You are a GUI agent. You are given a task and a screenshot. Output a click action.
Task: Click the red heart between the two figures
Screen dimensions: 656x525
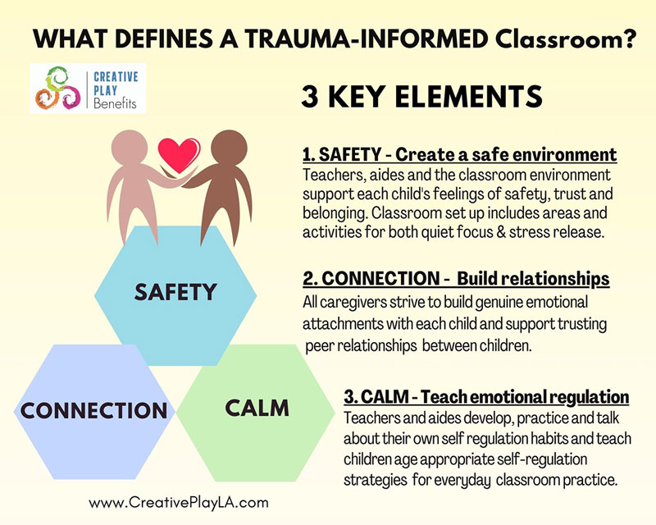[179, 154]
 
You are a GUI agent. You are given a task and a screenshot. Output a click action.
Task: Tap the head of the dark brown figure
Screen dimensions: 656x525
[229, 148]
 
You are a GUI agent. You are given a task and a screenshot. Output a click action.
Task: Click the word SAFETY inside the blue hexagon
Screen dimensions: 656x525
[175, 292]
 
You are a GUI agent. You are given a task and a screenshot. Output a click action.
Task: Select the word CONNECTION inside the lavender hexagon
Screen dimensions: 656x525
[93, 410]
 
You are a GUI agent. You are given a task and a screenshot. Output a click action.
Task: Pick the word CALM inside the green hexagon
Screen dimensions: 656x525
[257, 409]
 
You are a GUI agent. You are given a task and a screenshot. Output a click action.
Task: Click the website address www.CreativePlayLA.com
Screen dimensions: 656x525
[179, 502]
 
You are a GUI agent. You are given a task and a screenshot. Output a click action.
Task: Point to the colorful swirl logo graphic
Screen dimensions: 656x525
[57, 88]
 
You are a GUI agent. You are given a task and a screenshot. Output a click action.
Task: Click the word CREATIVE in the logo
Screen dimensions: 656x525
[116, 76]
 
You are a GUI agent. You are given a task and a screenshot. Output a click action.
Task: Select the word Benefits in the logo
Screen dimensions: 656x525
[115, 103]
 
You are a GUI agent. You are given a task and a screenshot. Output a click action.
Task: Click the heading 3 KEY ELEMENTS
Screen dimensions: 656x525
[421, 97]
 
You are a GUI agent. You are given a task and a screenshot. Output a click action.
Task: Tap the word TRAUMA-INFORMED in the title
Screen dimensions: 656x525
[367, 39]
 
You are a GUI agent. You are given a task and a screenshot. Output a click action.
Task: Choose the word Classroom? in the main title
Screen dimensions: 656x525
[565, 39]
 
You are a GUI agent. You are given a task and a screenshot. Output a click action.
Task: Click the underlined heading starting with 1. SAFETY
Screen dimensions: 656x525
[460, 155]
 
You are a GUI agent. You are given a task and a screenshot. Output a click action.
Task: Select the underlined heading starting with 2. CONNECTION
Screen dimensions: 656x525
[456, 279]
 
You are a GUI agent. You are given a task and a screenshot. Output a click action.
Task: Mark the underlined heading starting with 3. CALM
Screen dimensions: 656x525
[486, 397]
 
